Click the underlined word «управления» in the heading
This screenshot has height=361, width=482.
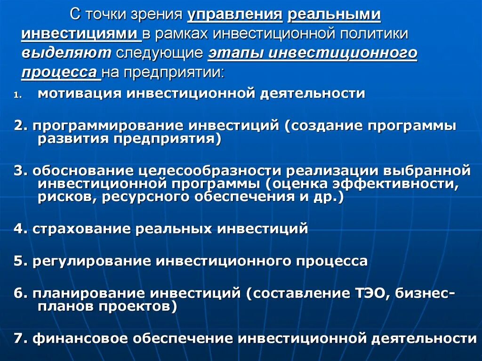(235, 14)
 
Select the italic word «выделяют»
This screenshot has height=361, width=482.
(65, 53)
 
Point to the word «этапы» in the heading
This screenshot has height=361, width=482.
(235, 53)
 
